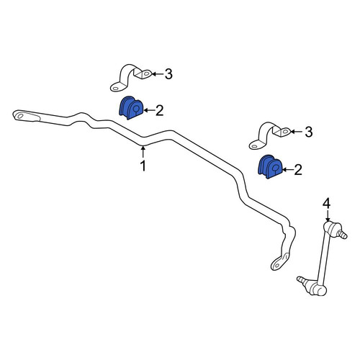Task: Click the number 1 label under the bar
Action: tap(143, 166)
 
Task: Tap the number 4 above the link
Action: tap(326, 204)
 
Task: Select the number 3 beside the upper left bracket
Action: tap(168, 74)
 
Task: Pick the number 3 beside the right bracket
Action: tap(308, 132)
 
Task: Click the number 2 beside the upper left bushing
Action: tap(160, 111)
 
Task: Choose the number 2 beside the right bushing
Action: tap(298, 170)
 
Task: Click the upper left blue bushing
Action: tap(131, 108)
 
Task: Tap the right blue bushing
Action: tap(270, 167)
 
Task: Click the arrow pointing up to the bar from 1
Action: tap(143, 152)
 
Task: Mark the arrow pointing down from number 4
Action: tap(328, 215)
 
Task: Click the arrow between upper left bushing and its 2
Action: tap(149, 110)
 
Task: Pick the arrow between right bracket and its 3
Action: tap(297, 132)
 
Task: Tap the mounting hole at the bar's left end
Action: tap(20, 117)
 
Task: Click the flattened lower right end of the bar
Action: tap(279, 262)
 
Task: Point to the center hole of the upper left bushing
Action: tap(136, 109)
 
